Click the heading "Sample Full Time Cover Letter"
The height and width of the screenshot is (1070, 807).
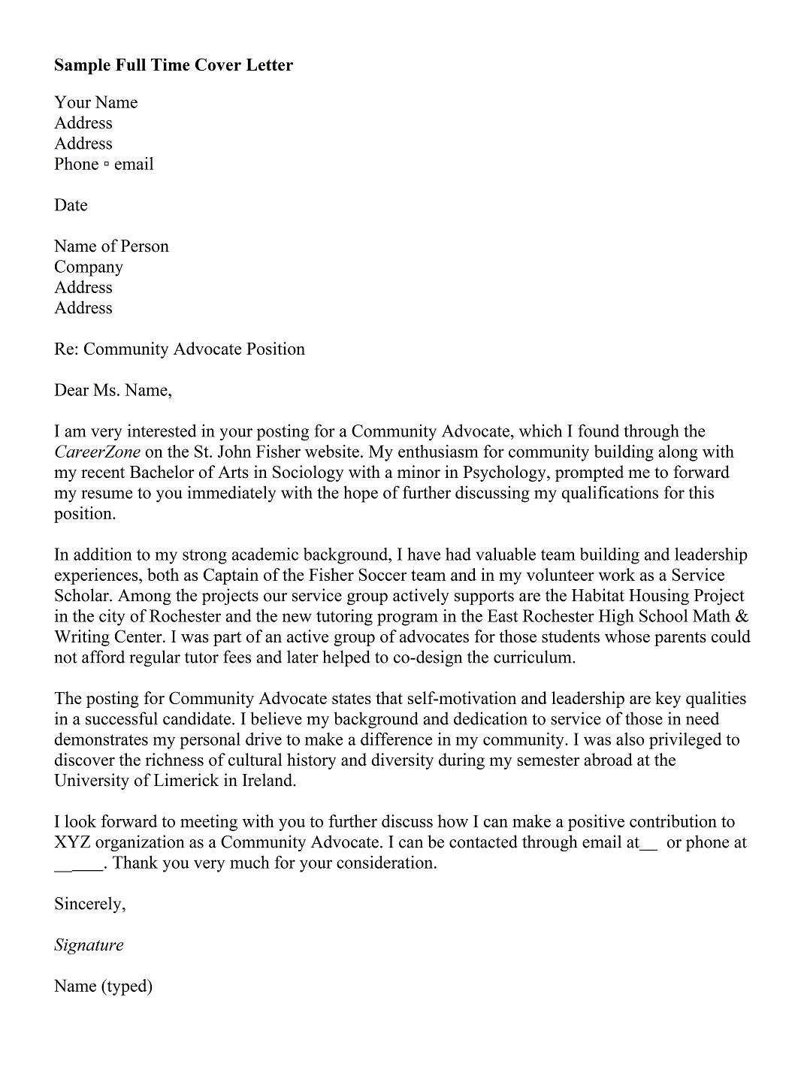click(x=173, y=65)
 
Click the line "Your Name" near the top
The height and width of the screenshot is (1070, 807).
click(x=95, y=103)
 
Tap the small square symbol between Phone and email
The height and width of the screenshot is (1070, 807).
click(x=106, y=165)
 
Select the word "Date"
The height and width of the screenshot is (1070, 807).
click(x=71, y=206)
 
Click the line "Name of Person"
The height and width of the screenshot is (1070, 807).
click(x=111, y=246)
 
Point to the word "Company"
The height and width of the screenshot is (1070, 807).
click(x=88, y=267)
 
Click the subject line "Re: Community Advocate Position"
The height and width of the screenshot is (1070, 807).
click(x=179, y=349)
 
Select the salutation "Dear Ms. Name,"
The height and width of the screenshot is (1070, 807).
click(x=113, y=391)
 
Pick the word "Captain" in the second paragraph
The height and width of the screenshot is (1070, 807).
click(x=231, y=576)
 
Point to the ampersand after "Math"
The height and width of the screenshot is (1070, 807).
click(x=741, y=617)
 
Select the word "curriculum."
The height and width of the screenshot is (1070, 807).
click(x=534, y=658)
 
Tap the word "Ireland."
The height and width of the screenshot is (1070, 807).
click(x=270, y=781)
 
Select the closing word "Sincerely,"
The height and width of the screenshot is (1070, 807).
click(x=89, y=904)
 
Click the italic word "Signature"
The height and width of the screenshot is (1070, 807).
click(x=88, y=945)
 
